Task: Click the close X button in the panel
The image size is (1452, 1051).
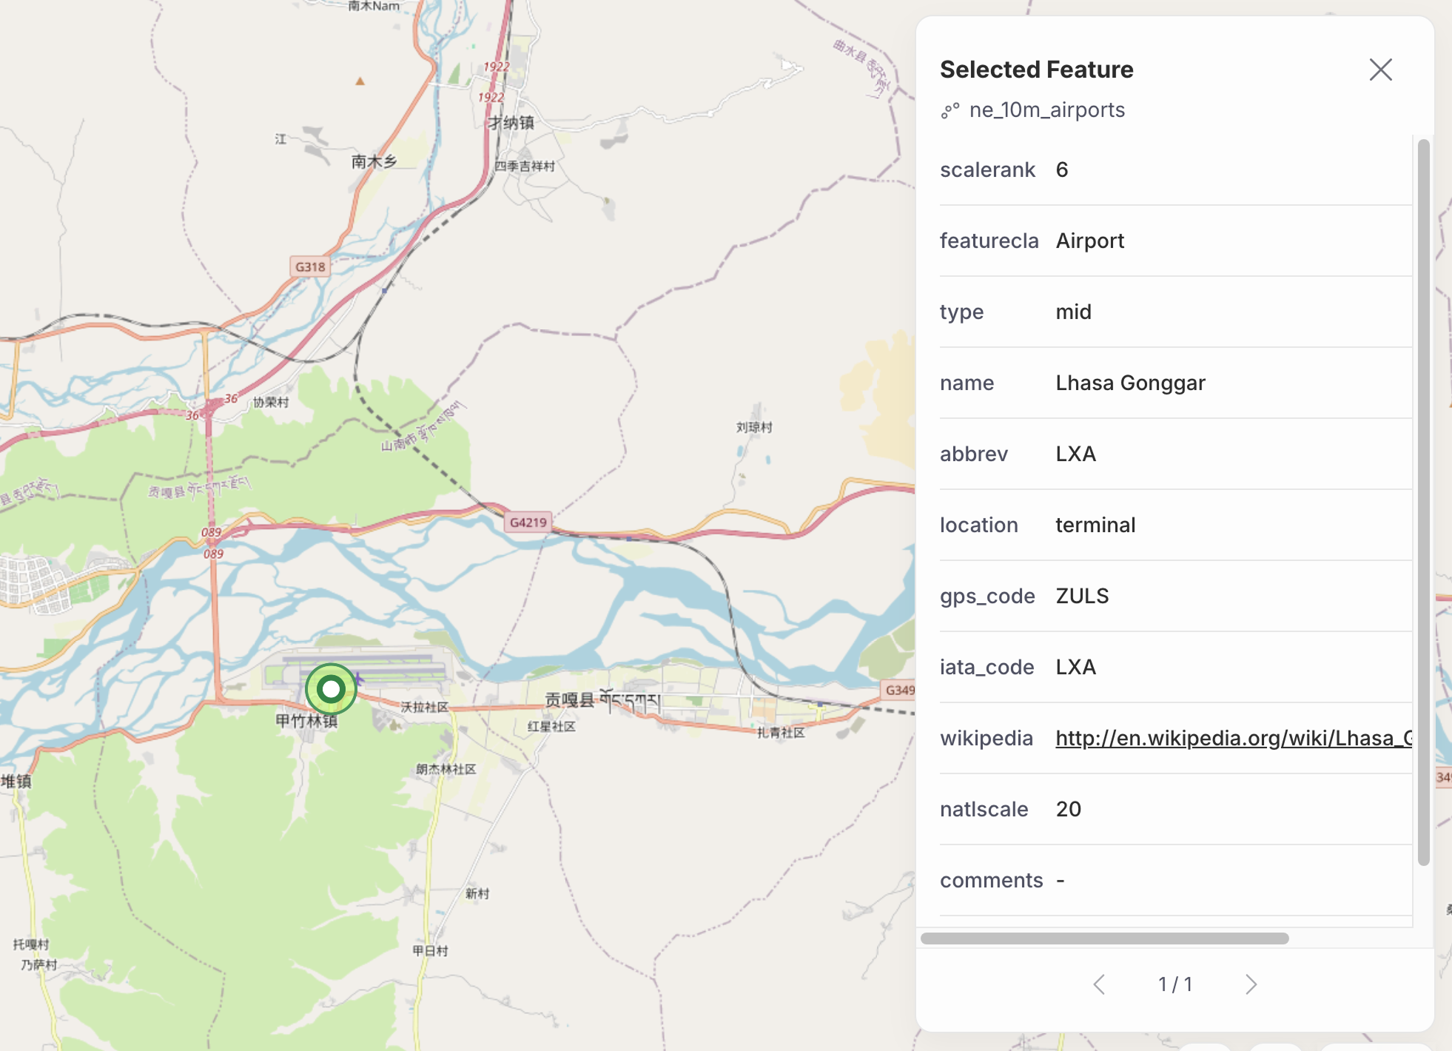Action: pyautogui.click(x=1380, y=70)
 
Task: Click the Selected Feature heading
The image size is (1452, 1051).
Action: pyautogui.click(x=1036, y=70)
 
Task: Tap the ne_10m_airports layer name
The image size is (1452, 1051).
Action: pyautogui.click(x=1046, y=110)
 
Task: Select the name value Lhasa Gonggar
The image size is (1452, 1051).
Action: pyautogui.click(x=1130, y=383)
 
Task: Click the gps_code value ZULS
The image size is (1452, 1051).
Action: pyautogui.click(x=1082, y=596)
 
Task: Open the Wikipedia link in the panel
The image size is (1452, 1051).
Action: pyautogui.click(x=1233, y=738)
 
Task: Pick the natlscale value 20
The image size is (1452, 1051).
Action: pyautogui.click(x=1068, y=809)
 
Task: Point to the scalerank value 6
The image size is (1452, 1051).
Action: pyautogui.click(x=1062, y=169)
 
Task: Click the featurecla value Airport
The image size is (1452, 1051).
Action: pyautogui.click(x=1089, y=241)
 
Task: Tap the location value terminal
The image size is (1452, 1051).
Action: pyautogui.click(x=1095, y=525)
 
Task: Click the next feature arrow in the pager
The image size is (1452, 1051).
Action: pyautogui.click(x=1251, y=984)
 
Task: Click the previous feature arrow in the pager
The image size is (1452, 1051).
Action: pyautogui.click(x=1099, y=984)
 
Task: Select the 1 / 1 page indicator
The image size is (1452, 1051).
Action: pyautogui.click(x=1174, y=984)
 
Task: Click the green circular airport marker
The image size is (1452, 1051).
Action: pyautogui.click(x=331, y=689)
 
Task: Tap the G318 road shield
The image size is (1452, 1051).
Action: pyautogui.click(x=310, y=267)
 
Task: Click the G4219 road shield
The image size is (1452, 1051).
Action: pyautogui.click(x=528, y=523)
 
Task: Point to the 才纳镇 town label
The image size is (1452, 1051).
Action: pyautogui.click(x=511, y=123)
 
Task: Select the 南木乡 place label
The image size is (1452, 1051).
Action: pyautogui.click(x=374, y=161)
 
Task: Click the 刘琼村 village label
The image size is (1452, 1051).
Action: pyautogui.click(x=753, y=427)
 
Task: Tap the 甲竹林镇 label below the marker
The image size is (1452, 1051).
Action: pyautogui.click(x=306, y=721)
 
